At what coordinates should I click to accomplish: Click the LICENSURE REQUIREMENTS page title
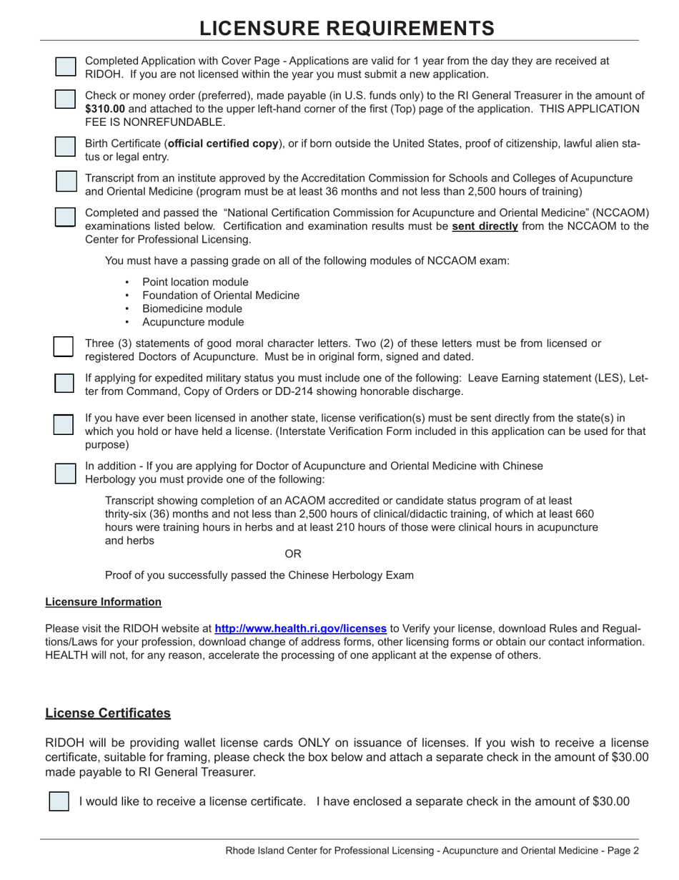pos(347,28)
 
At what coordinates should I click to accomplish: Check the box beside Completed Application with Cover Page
pos(65,67)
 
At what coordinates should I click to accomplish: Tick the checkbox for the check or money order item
pos(65,99)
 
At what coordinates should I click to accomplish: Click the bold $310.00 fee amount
pos(105,109)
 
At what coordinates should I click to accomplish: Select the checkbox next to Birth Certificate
pos(65,147)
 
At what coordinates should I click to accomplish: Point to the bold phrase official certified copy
pos(223,144)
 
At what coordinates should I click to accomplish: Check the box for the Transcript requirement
pos(66,182)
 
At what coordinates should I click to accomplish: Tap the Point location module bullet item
pos(195,282)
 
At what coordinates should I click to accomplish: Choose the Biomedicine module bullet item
pos(192,309)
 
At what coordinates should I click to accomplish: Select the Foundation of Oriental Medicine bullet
pos(221,295)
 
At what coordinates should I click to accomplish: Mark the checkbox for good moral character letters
pos(64,347)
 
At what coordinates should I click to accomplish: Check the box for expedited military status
pos(64,382)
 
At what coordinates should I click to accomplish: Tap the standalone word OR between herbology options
pos(293,554)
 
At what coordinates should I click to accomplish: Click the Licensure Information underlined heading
pos(103,602)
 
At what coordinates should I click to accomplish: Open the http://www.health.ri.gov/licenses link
pos(300,628)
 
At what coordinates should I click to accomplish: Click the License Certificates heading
pos(108,713)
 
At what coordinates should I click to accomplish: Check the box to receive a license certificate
pos(59,801)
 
